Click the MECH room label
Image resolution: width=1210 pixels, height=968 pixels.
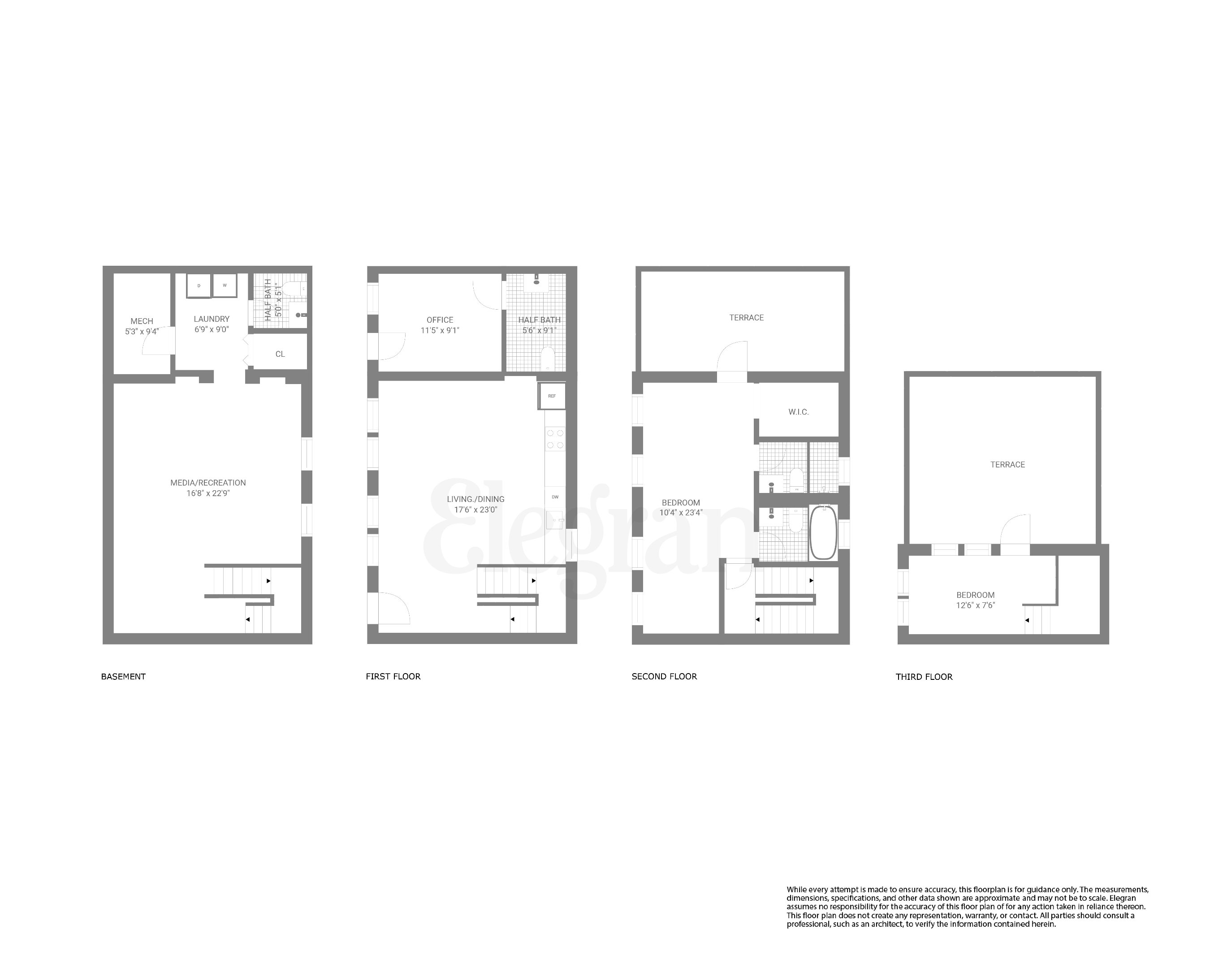142,321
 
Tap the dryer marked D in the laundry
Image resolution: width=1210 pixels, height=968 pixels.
199,285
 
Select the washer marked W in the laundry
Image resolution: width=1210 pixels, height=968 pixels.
225,285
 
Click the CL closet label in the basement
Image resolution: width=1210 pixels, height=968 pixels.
280,354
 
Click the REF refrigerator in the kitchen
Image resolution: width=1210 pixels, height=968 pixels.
552,396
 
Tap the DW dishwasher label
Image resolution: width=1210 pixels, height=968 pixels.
555,497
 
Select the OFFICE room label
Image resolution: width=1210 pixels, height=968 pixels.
440,320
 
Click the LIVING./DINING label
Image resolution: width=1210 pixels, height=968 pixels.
475,499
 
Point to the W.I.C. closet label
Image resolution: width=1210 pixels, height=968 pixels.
798,412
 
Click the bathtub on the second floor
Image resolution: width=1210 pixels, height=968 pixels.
823,532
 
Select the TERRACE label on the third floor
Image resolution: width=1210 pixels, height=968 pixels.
1007,465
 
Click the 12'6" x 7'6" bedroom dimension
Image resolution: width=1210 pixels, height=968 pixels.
976,605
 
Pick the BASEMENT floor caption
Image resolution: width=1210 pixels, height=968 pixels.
124,677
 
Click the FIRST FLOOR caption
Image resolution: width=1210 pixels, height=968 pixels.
393,677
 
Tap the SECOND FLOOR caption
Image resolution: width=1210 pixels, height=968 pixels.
664,677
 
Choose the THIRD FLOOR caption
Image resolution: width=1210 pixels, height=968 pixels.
924,677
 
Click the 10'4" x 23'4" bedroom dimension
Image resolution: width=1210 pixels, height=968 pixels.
681,513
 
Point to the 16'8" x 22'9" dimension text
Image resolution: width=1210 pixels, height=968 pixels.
208,494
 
